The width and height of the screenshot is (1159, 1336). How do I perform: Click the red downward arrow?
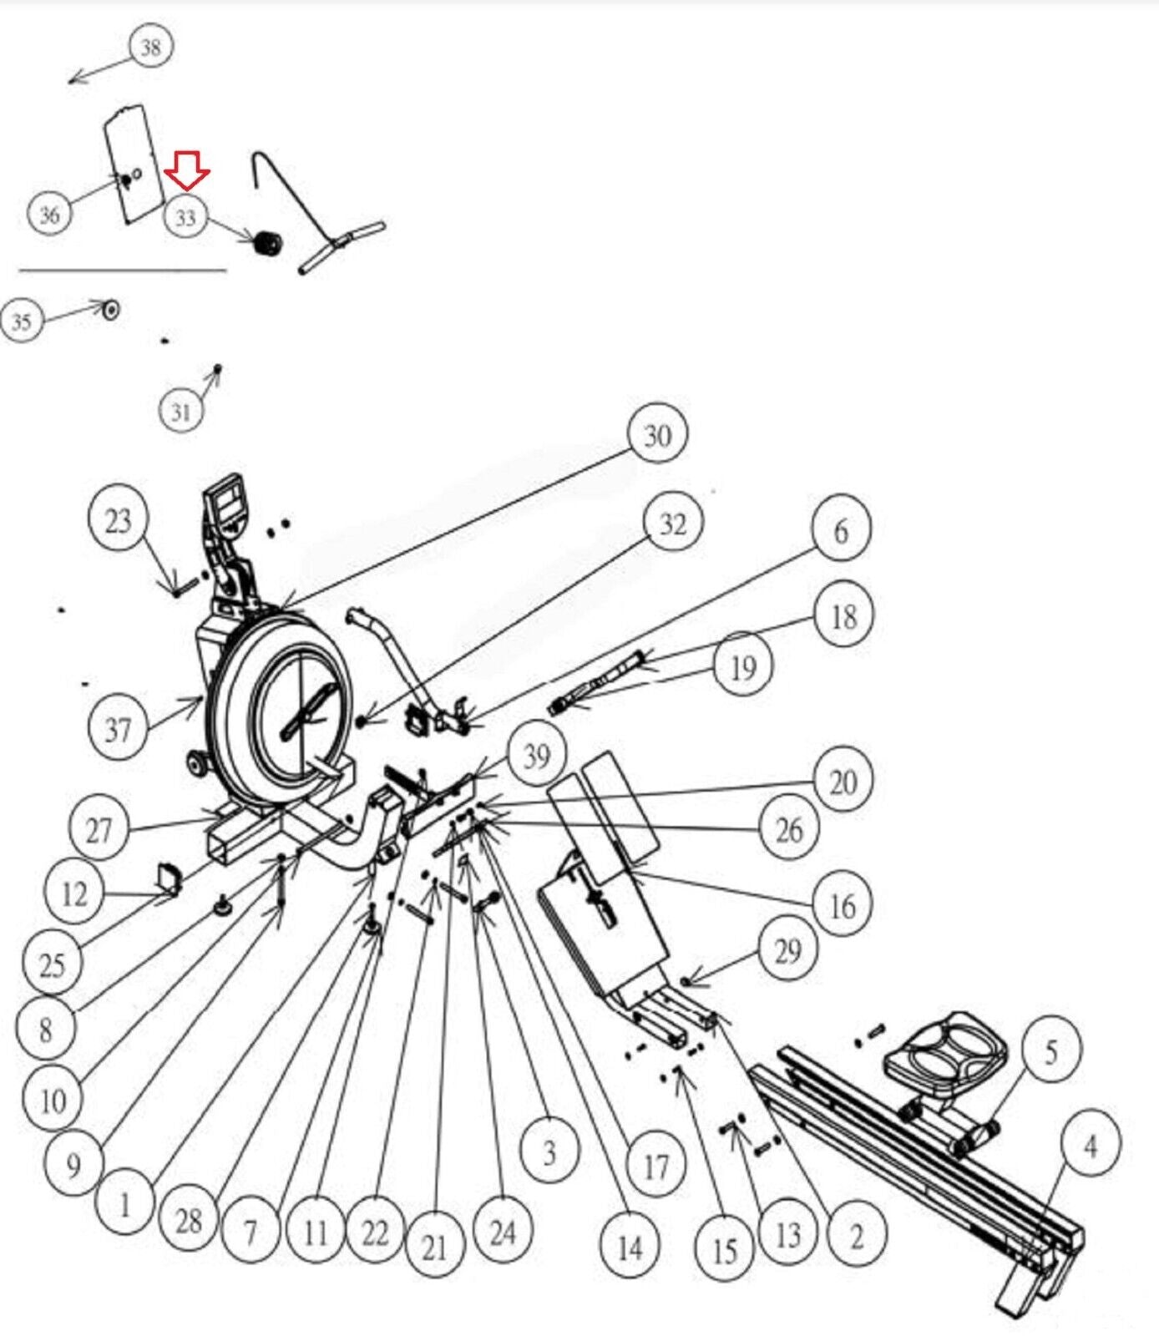187,170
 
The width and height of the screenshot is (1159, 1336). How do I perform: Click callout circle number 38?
150,47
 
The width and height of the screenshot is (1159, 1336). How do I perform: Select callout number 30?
657,435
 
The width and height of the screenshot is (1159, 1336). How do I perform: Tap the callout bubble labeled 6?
841,530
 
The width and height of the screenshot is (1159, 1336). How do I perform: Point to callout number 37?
118,729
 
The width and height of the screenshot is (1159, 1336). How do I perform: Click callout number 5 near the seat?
1050,1051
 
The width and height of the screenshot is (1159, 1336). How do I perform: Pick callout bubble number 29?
787,950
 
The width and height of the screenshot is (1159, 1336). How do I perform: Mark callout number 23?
118,520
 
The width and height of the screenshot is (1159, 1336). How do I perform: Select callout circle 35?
22,321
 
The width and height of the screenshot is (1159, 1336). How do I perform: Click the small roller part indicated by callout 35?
109,310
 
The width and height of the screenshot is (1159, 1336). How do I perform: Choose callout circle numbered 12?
73,893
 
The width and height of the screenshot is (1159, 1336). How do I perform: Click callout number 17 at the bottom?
656,1166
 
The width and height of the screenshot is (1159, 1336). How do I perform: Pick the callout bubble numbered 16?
842,904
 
